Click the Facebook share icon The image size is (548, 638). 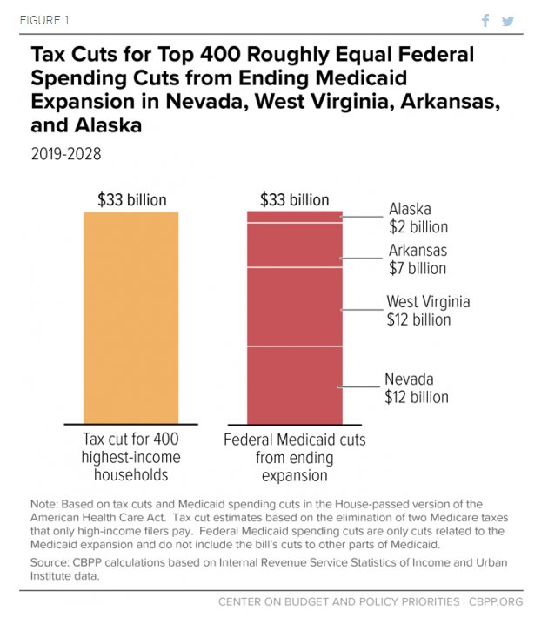[486, 21]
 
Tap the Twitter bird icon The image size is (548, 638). [508, 21]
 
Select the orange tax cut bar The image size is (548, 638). [130, 317]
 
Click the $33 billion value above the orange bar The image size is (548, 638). [131, 200]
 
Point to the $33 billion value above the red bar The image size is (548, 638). [295, 200]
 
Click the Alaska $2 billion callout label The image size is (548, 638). [418, 218]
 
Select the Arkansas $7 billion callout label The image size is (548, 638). [418, 259]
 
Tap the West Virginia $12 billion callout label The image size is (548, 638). [428, 311]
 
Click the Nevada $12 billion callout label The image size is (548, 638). [417, 388]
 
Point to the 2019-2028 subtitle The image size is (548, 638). [66, 154]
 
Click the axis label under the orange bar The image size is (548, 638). [131, 457]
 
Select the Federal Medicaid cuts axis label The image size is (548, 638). [294, 457]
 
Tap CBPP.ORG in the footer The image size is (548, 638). [497, 601]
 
